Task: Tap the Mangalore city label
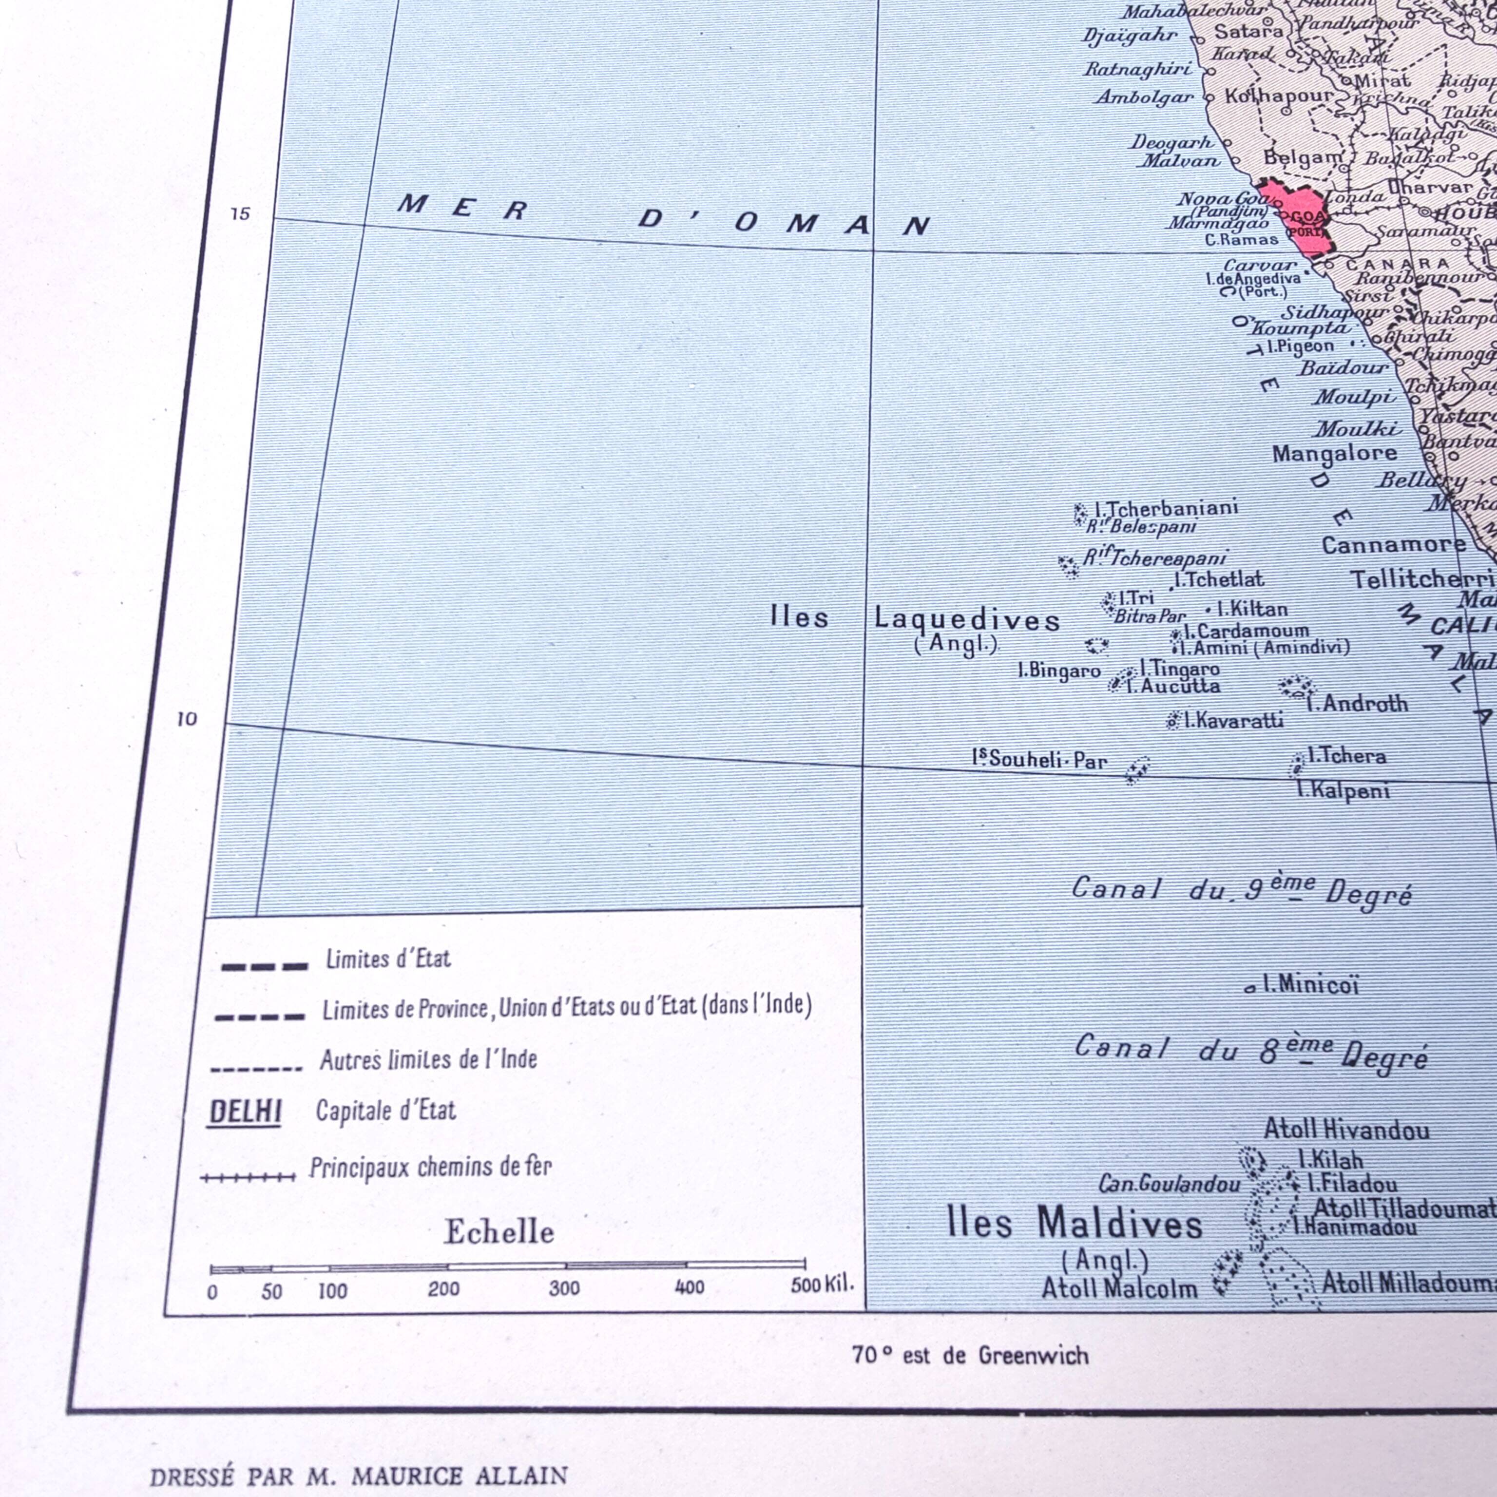[x=1334, y=453]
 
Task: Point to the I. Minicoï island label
[x=1310, y=985]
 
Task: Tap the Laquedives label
[x=967, y=620]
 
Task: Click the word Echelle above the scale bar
[x=499, y=1232]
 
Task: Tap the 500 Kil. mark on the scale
[x=821, y=1284]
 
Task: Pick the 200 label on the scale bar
[x=443, y=1288]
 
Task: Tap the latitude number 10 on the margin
[x=187, y=719]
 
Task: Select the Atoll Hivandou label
[x=1347, y=1129]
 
